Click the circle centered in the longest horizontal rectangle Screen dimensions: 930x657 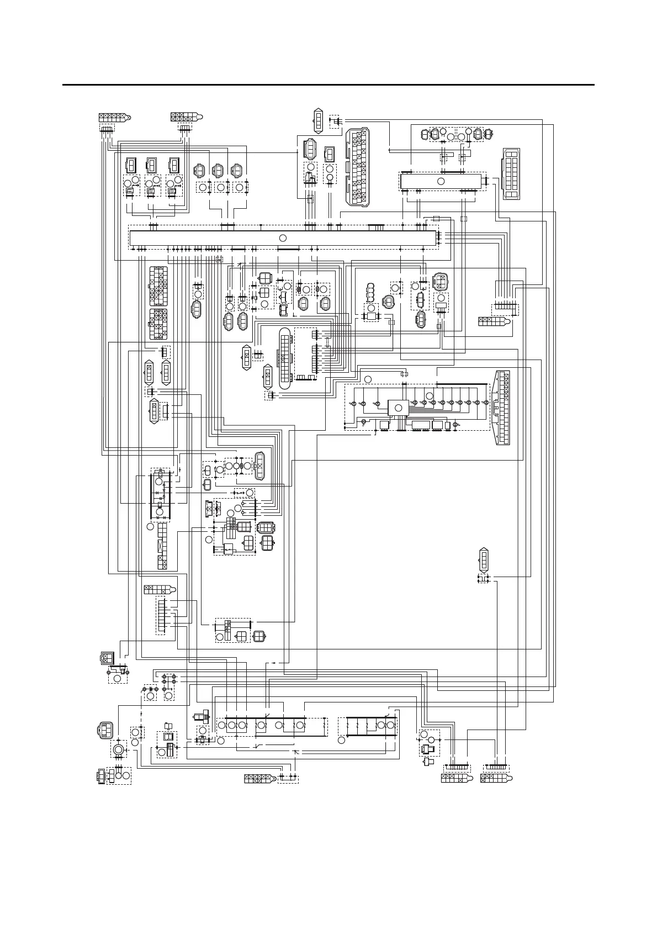pos(283,237)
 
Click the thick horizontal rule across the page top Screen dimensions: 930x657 pos(328,85)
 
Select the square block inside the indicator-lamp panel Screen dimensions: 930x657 pos(398,408)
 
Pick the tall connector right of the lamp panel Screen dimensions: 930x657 pos(502,408)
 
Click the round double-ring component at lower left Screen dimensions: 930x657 pos(118,749)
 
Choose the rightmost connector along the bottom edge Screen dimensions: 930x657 pos(497,778)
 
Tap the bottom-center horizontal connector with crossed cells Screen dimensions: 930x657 pos(259,778)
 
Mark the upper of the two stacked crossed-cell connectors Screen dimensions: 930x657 pos(158,286)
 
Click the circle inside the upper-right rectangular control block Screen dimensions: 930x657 pos(441,181)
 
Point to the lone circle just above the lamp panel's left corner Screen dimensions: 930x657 pos(368,379)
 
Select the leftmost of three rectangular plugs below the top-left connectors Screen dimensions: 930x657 pos(131,165)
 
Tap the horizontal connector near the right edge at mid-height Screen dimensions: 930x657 pos(492,320)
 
